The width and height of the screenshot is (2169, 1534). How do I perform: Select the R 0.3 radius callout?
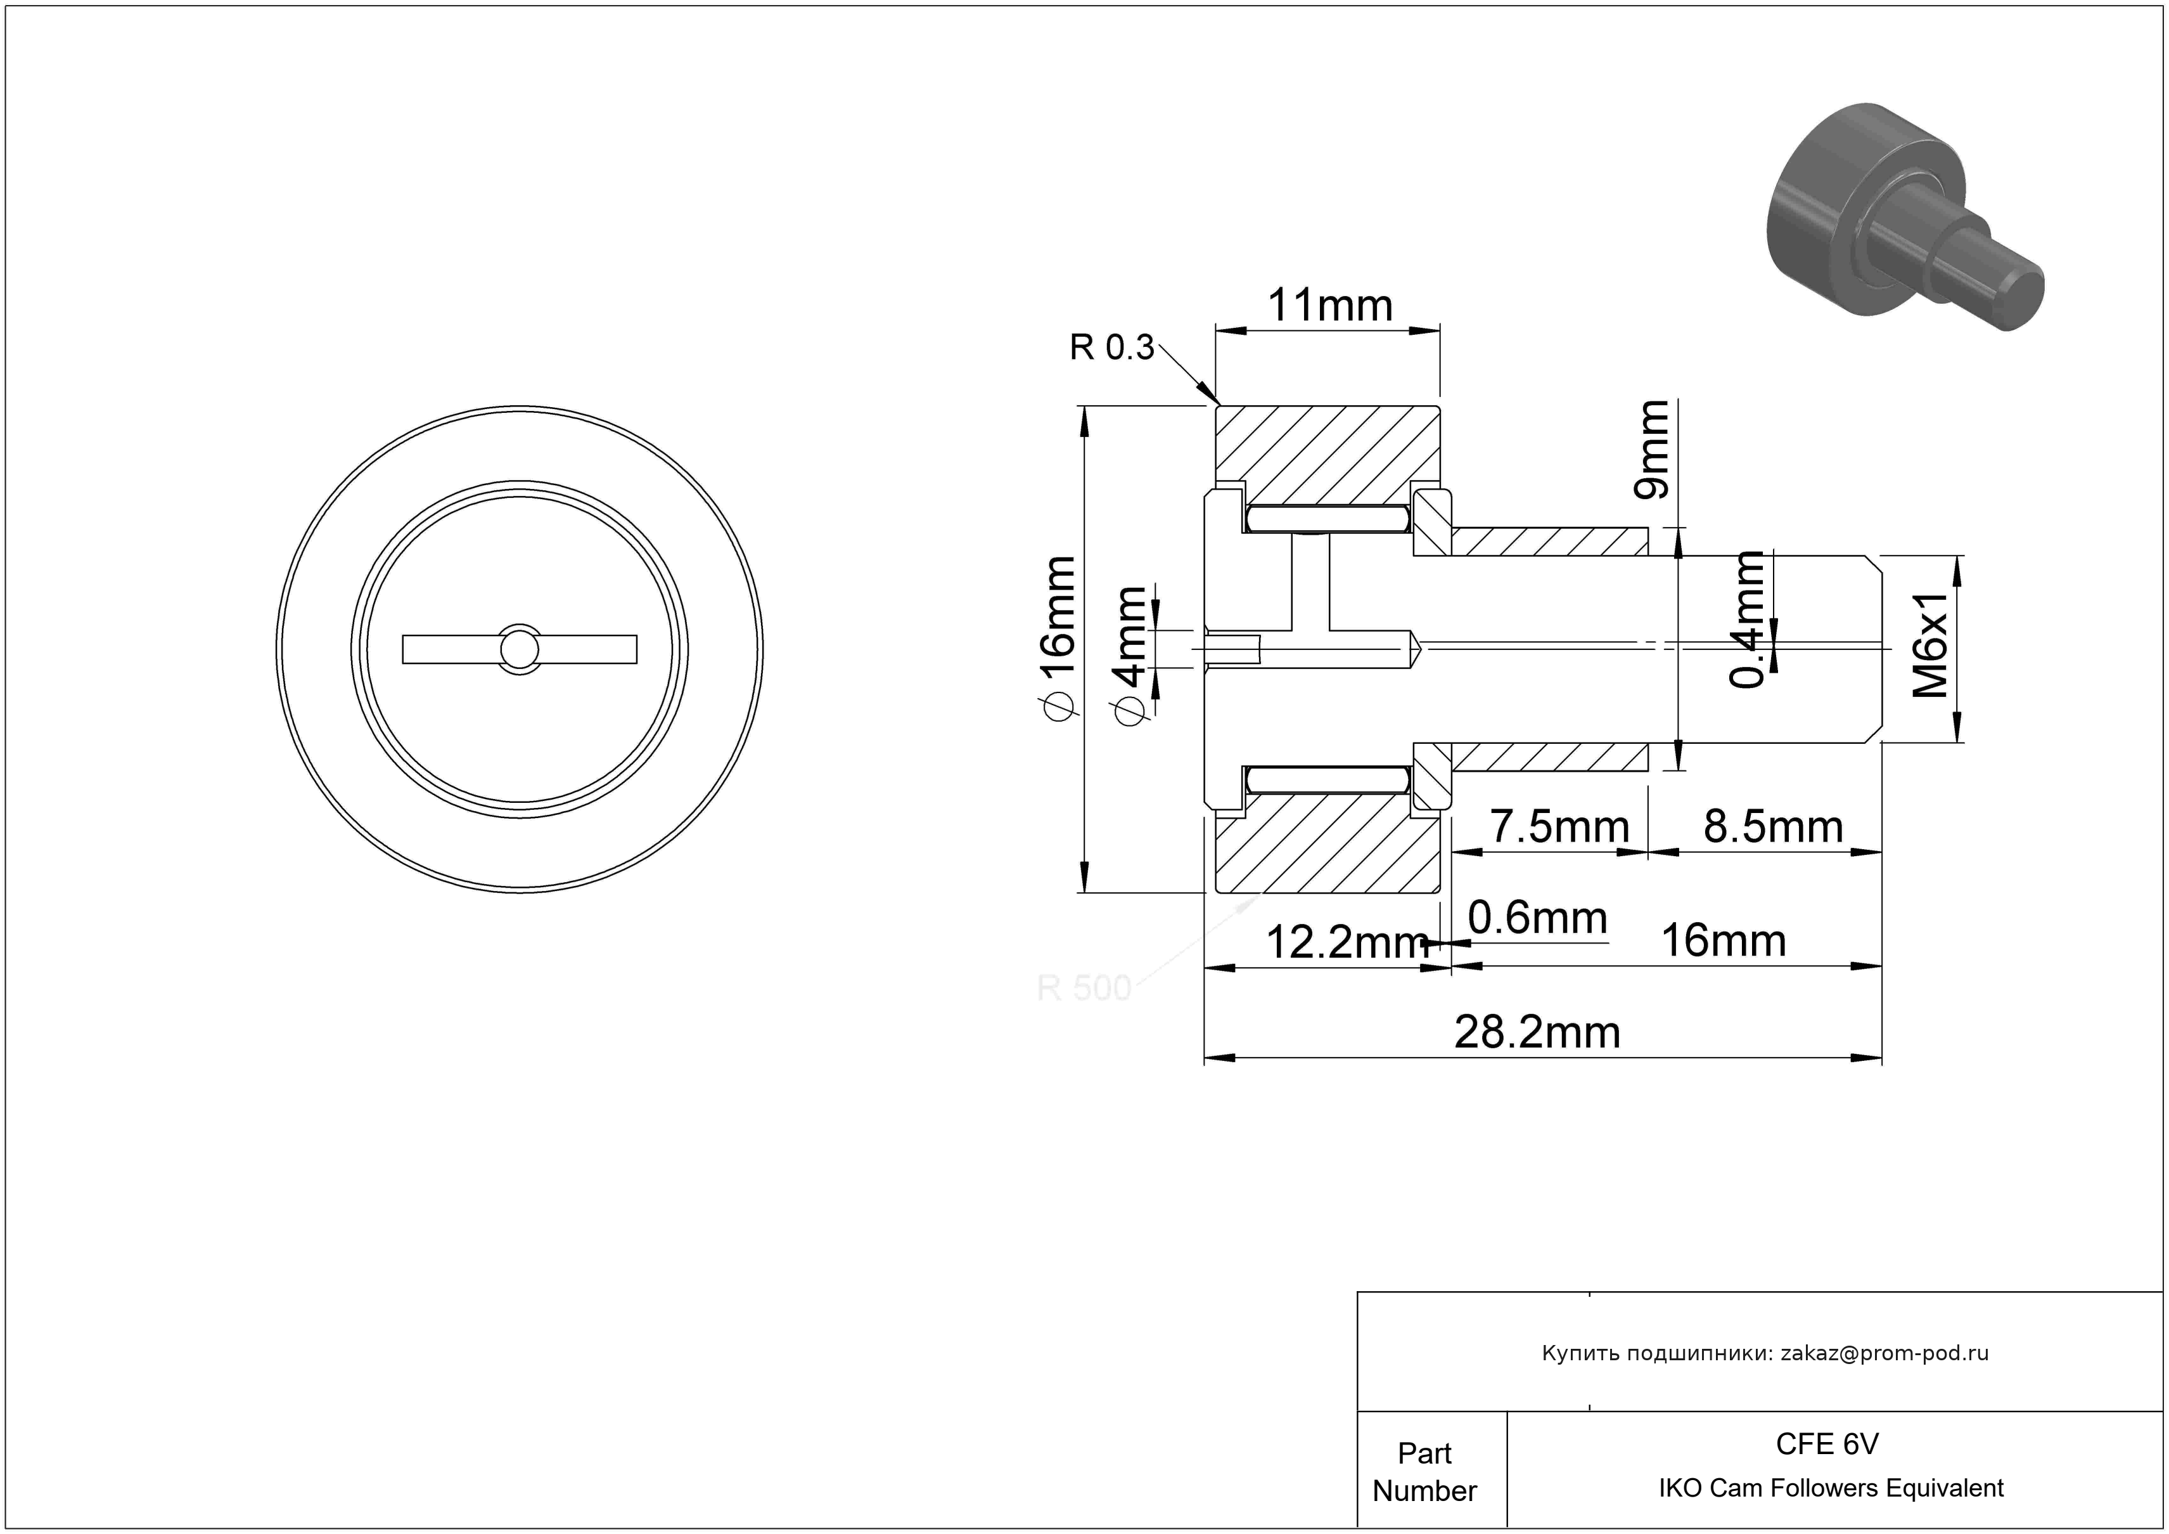click(1111, 348)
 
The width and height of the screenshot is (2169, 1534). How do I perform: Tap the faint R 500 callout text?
click(1083, 988)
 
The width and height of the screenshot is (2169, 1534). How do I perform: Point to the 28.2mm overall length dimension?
click(1537, 1032)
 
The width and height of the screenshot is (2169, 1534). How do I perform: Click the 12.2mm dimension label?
click(1346, 942)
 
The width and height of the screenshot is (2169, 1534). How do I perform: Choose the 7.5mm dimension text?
click(1559, 827)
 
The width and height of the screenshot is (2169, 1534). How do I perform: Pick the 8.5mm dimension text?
click(1773, 827)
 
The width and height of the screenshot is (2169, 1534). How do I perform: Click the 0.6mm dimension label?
click(1537, 918)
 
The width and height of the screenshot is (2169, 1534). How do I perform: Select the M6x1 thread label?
click(1930, 646)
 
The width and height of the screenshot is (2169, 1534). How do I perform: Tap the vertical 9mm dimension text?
click(1651, 449)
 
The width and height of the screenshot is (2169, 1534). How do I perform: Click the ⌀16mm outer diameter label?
click(1057, 637)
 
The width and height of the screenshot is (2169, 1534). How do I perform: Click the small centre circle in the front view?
click(520, 649)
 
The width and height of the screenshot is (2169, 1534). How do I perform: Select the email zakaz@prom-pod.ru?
click(1884, 1353)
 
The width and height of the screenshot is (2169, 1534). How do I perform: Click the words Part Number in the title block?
click(1424, 1472)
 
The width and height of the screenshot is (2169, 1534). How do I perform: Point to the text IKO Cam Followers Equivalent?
click(1831, 1488)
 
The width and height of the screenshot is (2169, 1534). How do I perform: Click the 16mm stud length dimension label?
click(1723, 941)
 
